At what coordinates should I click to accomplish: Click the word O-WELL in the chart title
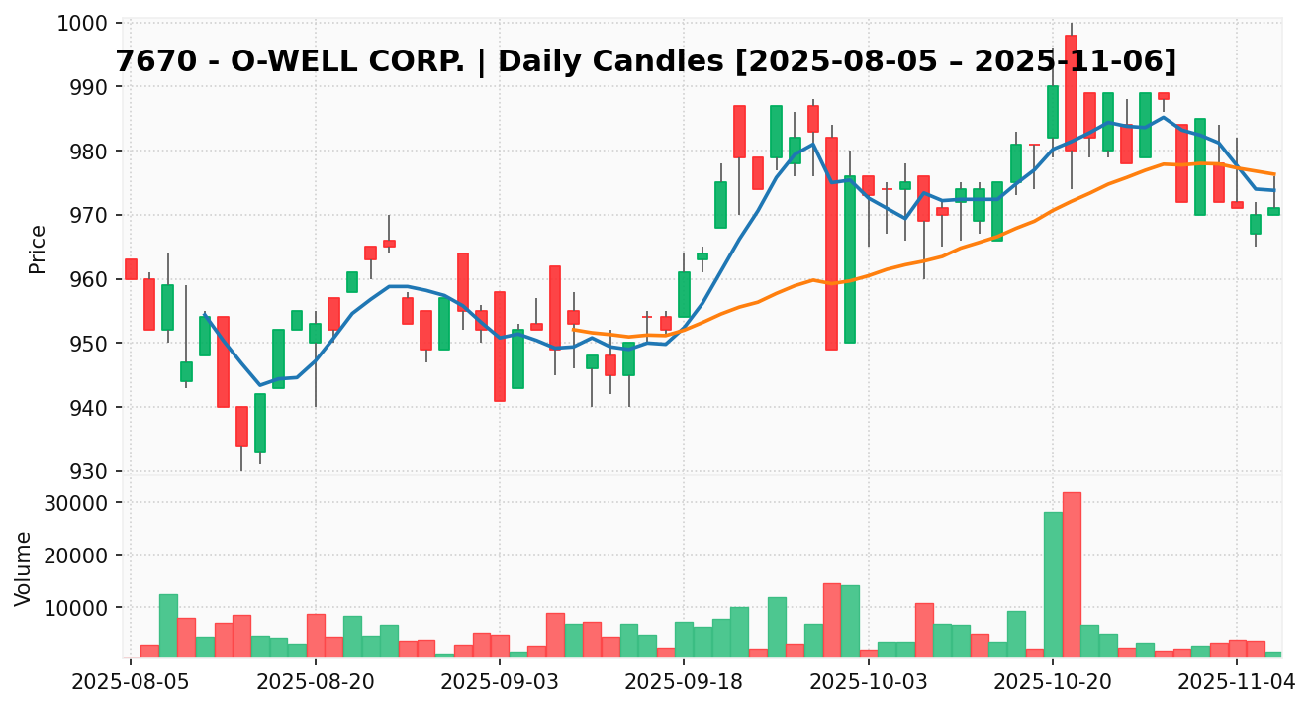tap(306, 61)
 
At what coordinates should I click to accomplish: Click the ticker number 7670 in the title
tap(152, 61)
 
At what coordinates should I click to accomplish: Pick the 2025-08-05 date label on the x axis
tap(131, 682)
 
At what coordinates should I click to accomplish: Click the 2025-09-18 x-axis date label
tap(684, 682)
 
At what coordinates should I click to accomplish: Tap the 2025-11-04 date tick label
tap(1237, 682)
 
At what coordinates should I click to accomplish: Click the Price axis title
tap(38, 249)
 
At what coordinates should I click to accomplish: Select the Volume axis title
tap(24, 567)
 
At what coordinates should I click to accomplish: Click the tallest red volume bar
tap(1072, 574)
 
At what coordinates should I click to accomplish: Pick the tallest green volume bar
tap(1053, 584)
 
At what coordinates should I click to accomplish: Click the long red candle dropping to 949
tap(831, 243)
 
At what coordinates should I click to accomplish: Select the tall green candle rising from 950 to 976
tap(850, 259)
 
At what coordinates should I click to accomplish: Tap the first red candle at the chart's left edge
tap(131, 269)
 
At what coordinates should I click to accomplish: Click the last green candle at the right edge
tap(1273, 211)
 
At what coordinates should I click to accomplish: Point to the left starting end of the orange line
tap(573, 330)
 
